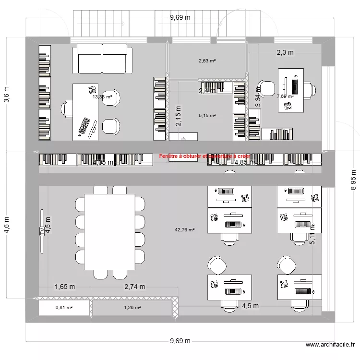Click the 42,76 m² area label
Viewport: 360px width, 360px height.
click(x=185, y=230)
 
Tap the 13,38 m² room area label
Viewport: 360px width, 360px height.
click(x=102, y=96)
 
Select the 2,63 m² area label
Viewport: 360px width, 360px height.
click(x=207, y=61)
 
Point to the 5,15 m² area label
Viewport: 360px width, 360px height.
click(x=207, y=116)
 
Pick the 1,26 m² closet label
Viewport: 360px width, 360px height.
click(x=132, y=308)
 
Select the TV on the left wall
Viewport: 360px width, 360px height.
click(x=42, y=231)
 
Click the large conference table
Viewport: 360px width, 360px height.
click(x=109, y=232)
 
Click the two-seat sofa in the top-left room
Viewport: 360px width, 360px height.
click(x=102, y=60)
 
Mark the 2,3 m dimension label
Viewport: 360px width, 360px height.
click(x=285, y=53)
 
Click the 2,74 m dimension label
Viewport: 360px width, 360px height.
click(x=134, y=287)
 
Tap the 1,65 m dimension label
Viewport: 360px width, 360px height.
click(x=65, y=287)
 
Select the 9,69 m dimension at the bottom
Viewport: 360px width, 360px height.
click(x=180, y=341)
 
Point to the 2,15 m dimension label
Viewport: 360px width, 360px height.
click(x=179, y=116)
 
